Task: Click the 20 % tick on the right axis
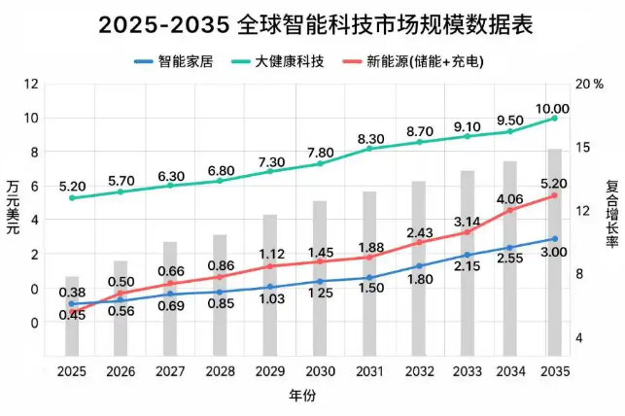click(x=590, y=85)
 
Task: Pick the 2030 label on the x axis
click(x=320, y=371)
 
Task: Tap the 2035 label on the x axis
click(x=554, y=371)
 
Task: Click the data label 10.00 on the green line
click(x=554, y=108)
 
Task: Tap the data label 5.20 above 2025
click(x=72, y=186)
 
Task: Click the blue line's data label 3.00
click(x=554, y=252)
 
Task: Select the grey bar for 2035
click(x=554, y=252)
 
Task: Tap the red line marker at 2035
click(x=554, y=195)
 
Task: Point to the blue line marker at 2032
click(x=420, y=265)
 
